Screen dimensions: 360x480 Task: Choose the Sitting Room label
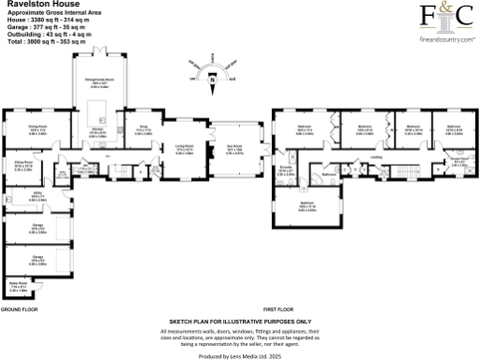click(23, 163)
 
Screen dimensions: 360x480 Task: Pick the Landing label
click(375, 157)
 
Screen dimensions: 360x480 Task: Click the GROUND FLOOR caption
click(19, 308)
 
